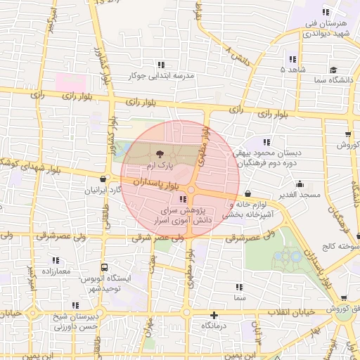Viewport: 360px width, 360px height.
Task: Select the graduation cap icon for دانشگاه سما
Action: point(333,70)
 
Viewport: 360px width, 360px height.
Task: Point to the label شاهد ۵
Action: point(293,70)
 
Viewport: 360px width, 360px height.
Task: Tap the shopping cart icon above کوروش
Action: point(348,134)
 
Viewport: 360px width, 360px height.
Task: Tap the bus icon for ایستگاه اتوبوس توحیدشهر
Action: point(104,267)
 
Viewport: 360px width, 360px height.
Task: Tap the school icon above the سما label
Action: point(240,287)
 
